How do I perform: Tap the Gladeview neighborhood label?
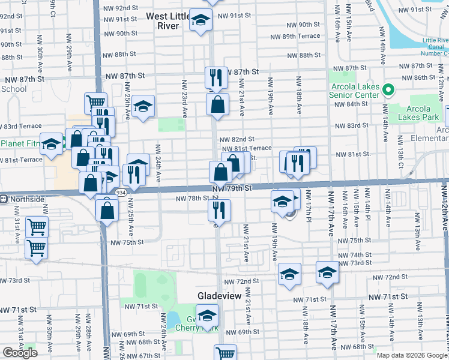click(220, 296)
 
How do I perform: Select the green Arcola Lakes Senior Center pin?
click(388, 91)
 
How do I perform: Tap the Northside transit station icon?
click(4, 199)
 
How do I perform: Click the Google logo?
click(20, 353)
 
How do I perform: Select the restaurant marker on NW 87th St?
click(216, 77)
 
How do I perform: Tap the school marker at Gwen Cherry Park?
click(207, 316)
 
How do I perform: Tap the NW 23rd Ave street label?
click(184, 96)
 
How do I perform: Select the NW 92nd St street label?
click(121, 8)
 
